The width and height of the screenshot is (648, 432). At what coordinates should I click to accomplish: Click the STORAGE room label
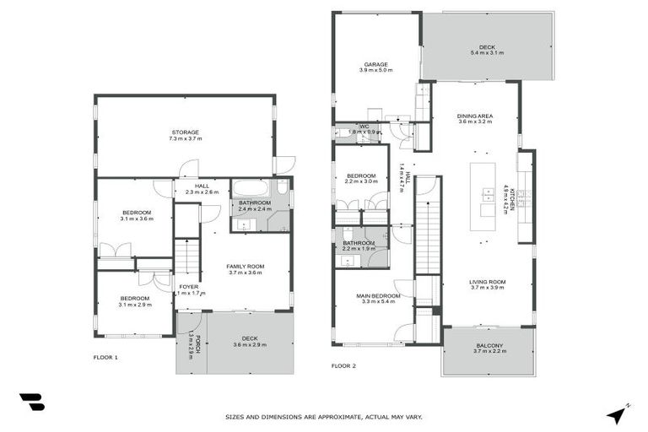pos(185,132)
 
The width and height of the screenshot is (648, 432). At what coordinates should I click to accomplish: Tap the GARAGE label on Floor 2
pos(375,64)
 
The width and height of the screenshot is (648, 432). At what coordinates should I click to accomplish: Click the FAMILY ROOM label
pos(245,267)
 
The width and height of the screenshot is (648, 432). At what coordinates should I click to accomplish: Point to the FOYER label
pos(189,286)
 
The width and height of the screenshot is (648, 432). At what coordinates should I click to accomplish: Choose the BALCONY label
pos(489,345)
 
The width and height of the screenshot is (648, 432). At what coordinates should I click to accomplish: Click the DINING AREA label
pos(475,116)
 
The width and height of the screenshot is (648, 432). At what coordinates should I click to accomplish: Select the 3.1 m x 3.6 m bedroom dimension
pos(136,219)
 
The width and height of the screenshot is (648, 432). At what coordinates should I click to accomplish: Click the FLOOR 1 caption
pos(105,358)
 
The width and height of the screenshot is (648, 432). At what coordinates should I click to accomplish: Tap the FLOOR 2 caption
pos(344,366)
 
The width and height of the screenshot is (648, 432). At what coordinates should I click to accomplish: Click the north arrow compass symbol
pos(617,414)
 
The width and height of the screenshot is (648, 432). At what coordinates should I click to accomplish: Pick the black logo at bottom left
pos(31,402)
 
